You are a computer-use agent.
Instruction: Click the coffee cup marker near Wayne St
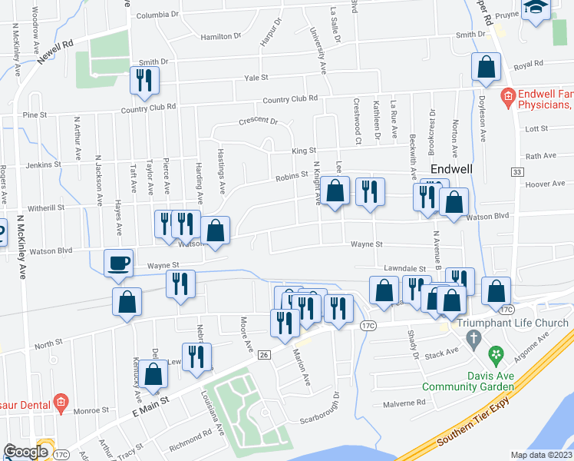point(119,264)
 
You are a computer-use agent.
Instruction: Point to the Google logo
point(25,451)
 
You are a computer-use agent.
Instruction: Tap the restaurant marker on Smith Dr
point(144,81)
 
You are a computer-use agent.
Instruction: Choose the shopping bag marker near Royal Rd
point(486,68)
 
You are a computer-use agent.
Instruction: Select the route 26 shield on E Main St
point(264,354)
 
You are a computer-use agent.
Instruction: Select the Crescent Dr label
point(258,121)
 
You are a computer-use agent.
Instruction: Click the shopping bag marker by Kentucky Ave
point(154,374)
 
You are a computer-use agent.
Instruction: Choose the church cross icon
point(473,338)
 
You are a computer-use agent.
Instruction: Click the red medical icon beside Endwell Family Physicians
point(506,98)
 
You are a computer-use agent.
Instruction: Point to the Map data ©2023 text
point(540,455)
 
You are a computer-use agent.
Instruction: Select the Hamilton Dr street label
point(220,36)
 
